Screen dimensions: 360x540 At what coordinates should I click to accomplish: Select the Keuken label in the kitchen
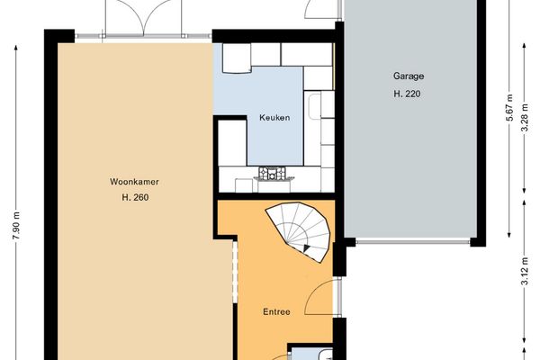[x=274, y=118]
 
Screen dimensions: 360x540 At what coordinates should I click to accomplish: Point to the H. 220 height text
[x=407, y=94]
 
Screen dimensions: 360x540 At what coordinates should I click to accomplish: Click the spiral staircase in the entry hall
[x=301, y=230]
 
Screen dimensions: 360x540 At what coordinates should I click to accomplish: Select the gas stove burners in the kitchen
[x=271, y=172]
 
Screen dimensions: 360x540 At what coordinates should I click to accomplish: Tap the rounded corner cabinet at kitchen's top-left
[x=235, y=58]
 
